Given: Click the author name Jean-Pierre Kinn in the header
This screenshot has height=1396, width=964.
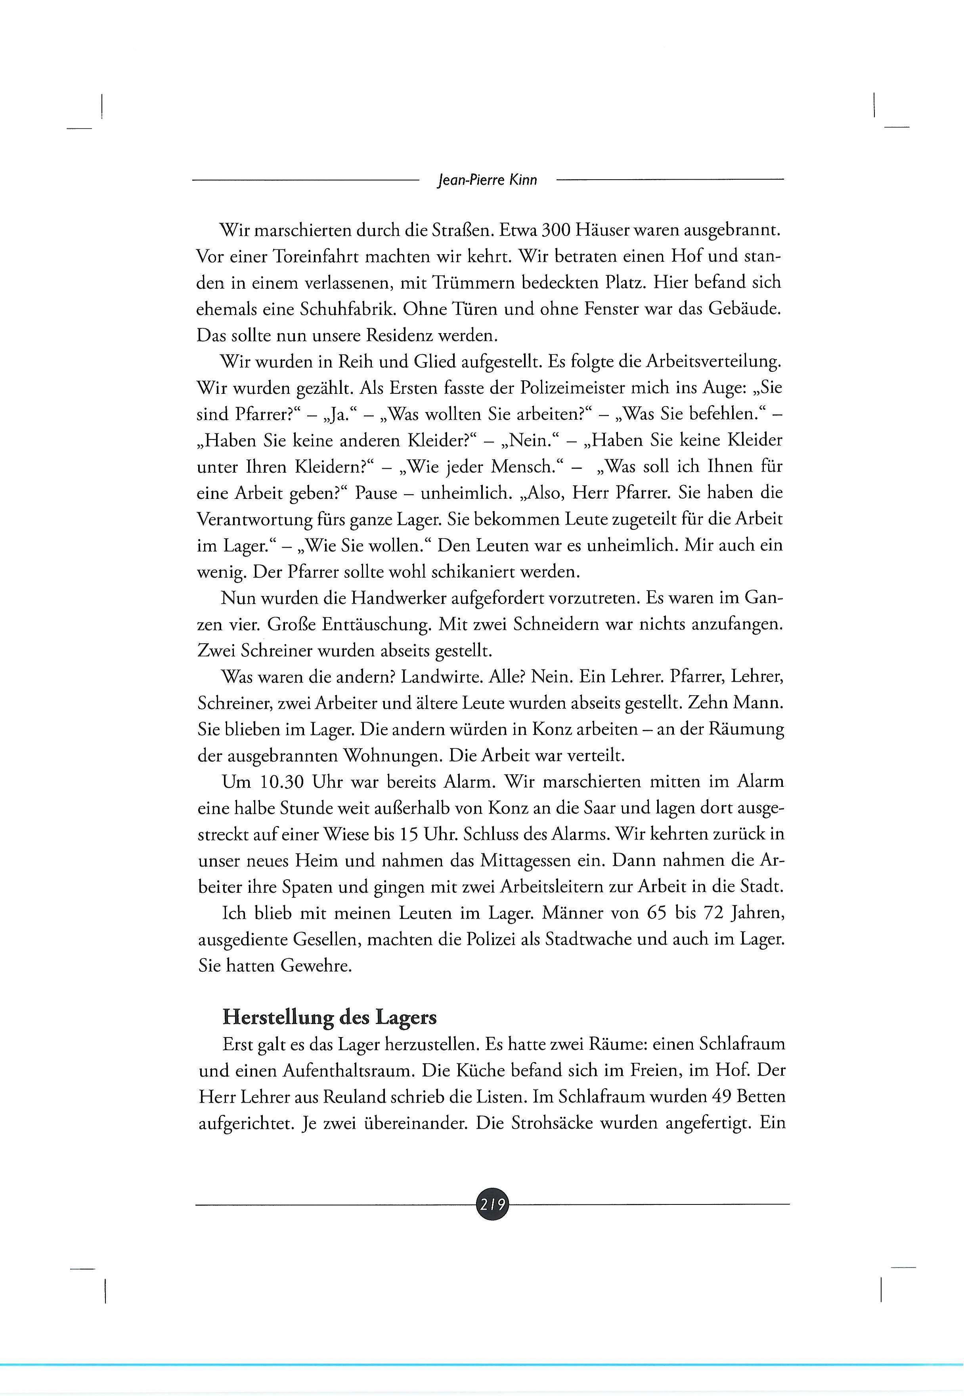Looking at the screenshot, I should (x=486, y=180).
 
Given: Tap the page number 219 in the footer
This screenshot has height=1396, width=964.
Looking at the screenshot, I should (x=493, y=1204).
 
